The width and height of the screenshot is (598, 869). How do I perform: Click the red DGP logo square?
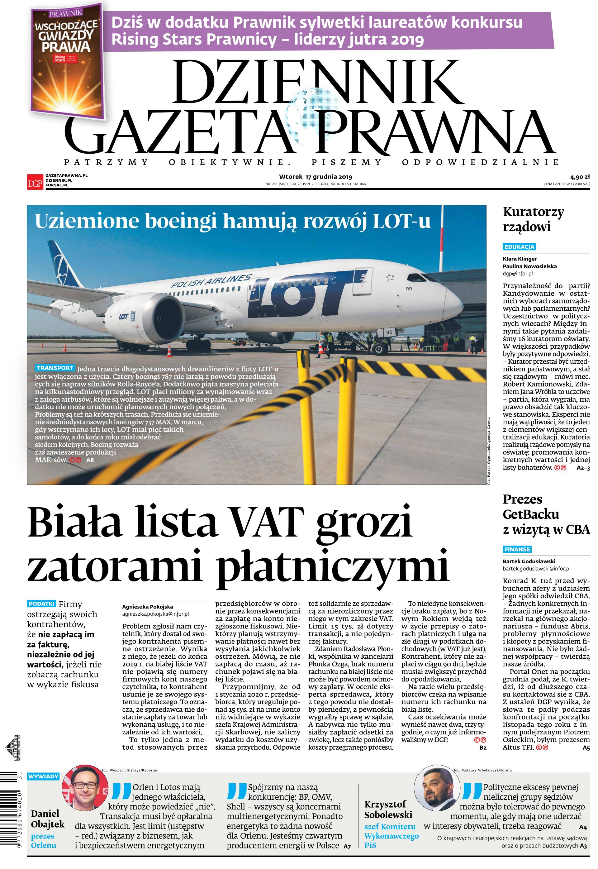(35, 181)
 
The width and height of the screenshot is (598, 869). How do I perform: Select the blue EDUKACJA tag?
(519, 247)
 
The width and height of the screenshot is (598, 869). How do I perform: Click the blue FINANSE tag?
(517, 549)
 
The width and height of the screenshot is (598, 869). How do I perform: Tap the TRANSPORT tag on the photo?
(55, 368)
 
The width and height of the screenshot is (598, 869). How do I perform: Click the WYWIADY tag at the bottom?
(44, 776)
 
